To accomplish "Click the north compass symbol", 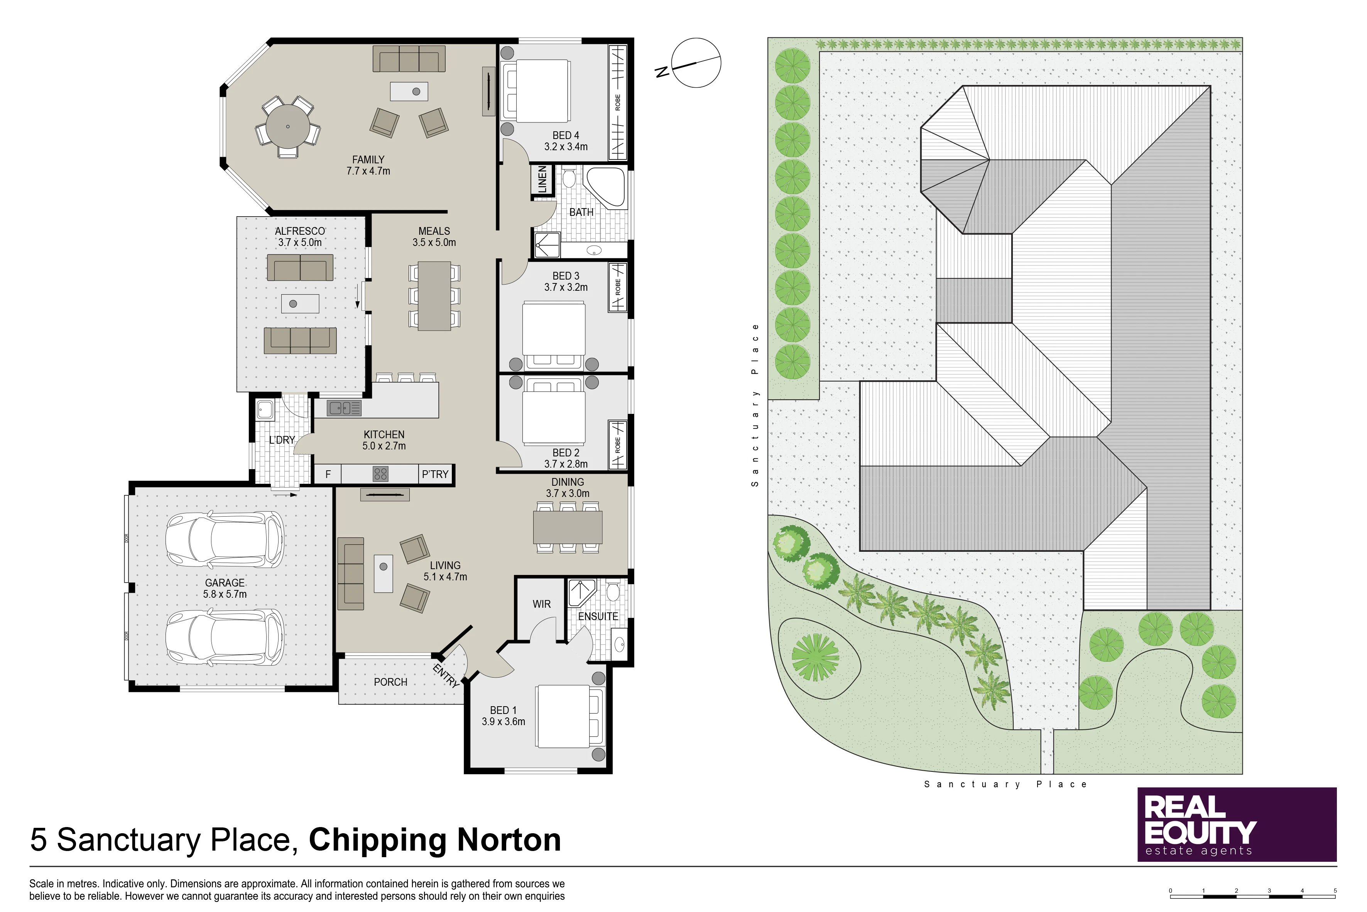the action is (692, 63).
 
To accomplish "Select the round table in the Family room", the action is (288, 126).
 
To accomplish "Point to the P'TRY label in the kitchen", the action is (435, 474).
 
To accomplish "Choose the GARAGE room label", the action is (225, 583).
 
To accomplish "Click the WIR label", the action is (542, 604).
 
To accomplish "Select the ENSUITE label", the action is (598, 617).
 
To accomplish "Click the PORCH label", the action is (390, 681).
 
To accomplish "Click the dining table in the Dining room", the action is (568, 527).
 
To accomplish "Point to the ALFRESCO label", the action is (300, 231).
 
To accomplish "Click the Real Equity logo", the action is (1237, 824).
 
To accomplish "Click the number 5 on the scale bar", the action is (1335, 890).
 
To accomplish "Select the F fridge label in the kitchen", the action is (328, 474).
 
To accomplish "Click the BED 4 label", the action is (566, 135).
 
